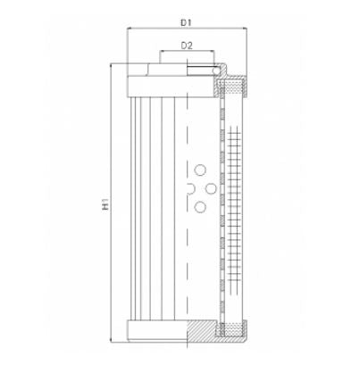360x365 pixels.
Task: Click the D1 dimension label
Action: [187, 18]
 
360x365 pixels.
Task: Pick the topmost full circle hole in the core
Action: [200, 169]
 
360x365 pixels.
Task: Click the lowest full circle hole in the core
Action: [200, 207]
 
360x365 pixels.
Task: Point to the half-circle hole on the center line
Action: [189, 188]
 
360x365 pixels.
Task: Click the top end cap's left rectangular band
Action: [157, 87]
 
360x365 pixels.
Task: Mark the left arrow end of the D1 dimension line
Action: [129, 28]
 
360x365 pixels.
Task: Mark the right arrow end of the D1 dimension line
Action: [245, 28]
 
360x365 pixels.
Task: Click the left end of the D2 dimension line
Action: [161, 53]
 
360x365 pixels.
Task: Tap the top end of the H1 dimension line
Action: [112, 64]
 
